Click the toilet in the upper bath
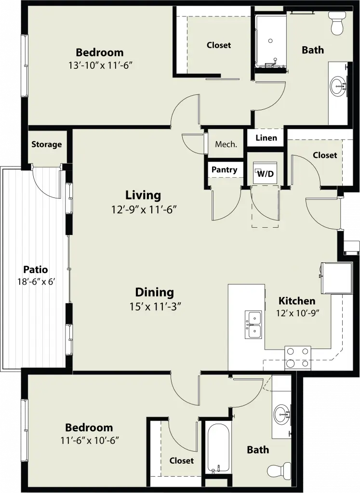coord(337,23)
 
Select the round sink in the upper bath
coord(338,85)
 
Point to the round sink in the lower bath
coord(281,415)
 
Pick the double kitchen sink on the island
coord(253,324)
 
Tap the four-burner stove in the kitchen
coord(298,358)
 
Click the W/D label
coord(266,173)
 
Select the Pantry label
coord(224,170)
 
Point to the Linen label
coord(266,138)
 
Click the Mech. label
coord(226,144)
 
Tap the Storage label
coord(47,144)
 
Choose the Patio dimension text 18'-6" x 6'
coord(37,281)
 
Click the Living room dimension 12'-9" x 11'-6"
coord(143,209)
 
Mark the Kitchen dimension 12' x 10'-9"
coord(298,313)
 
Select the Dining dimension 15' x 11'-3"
coord(156,306)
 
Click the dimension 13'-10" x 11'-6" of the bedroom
coord(100,65)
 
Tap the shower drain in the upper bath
coord(270,40)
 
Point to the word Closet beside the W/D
coord(325,155)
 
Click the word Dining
coord(155,292)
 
